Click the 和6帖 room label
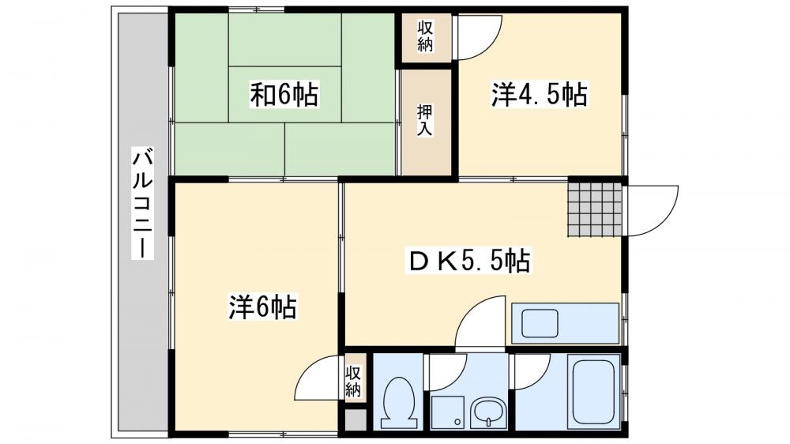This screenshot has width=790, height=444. click(x=284, y=96)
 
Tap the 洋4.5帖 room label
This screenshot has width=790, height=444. click(x=540, y=96)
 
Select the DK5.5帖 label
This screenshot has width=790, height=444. click(x=468, y=260)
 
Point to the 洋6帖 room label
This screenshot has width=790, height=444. click(x=263, y=307)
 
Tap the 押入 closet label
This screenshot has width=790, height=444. click(x=425, y=121)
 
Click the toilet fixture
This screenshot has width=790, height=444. click(x=397, y=399)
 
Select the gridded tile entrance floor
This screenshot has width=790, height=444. click(x=595, y=209)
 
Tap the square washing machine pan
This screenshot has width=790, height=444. click(x=448, y=412)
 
